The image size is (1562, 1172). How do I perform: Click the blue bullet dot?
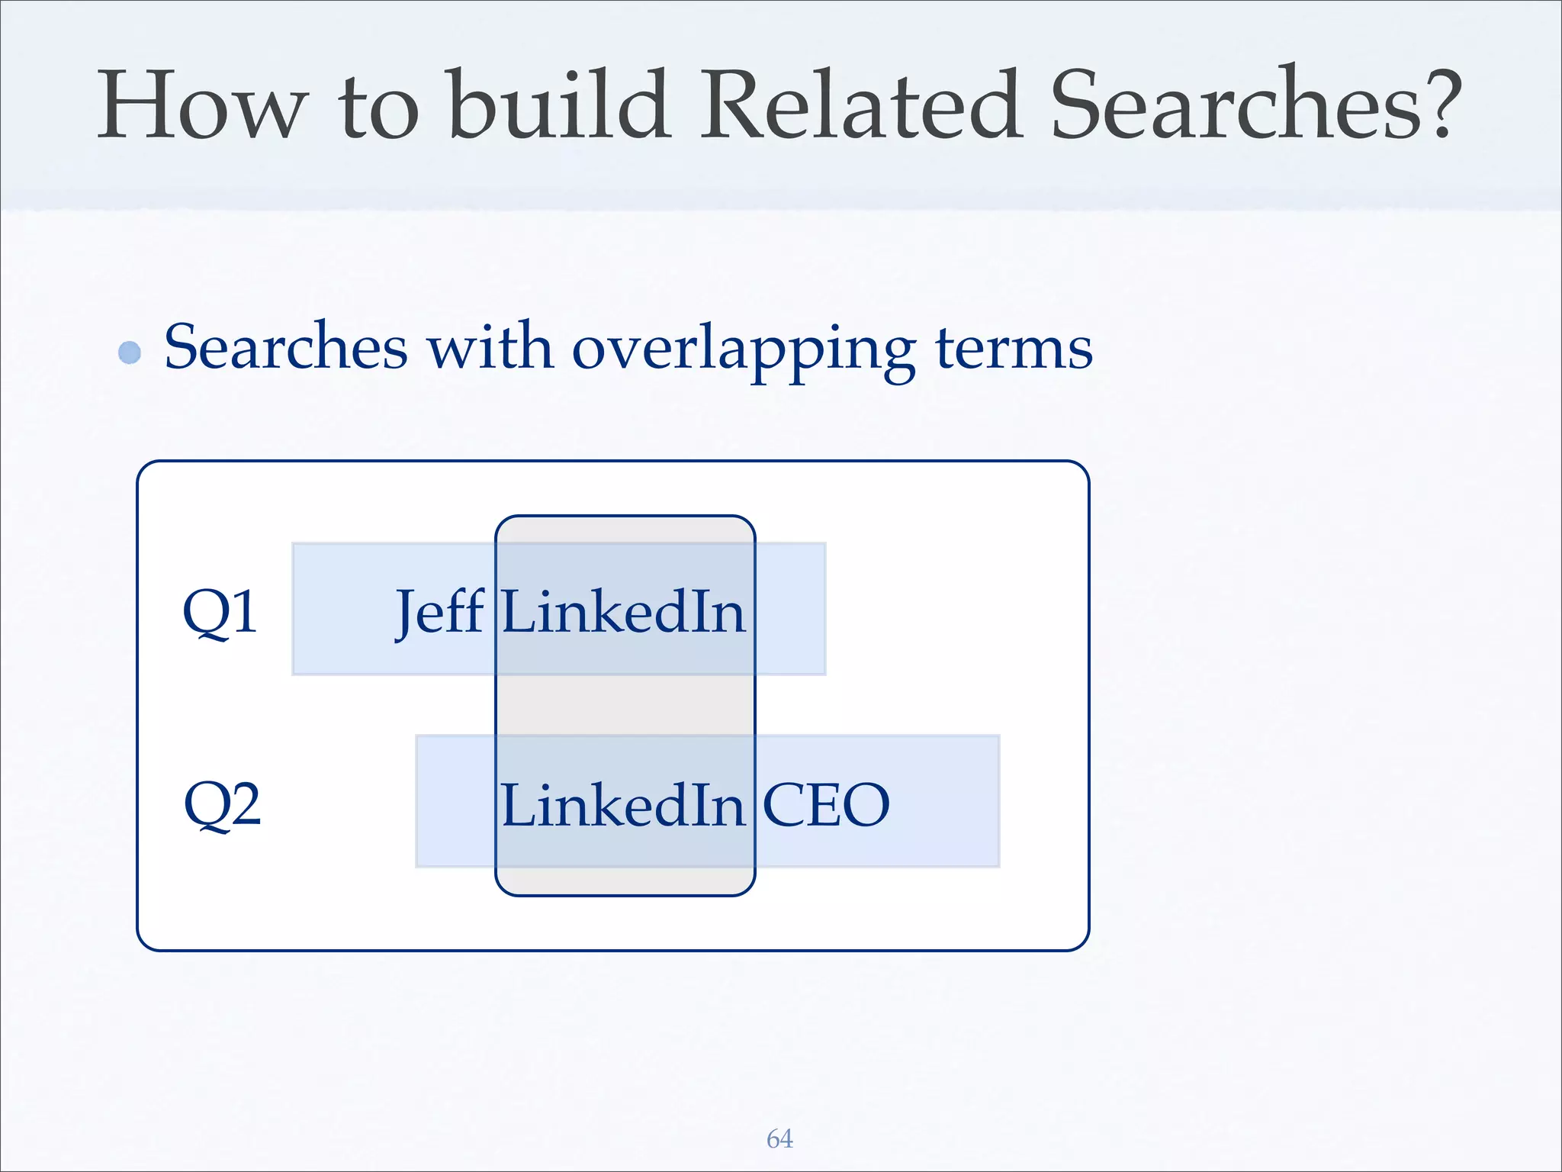point(130,353)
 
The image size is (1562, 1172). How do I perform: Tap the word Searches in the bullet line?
point(286,347)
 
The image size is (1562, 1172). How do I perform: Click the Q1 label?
point(220,612)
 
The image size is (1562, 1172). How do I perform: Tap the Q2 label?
point(222,804)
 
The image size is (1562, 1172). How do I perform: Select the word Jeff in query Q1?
point(439,612)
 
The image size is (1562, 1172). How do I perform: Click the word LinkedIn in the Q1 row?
point(623,612)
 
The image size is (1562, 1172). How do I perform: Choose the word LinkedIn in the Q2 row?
point(622,805)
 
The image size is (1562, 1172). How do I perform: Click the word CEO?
point(826,805)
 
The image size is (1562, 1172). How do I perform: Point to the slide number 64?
point(779,1138)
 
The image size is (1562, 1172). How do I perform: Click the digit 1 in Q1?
point(242,612)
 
